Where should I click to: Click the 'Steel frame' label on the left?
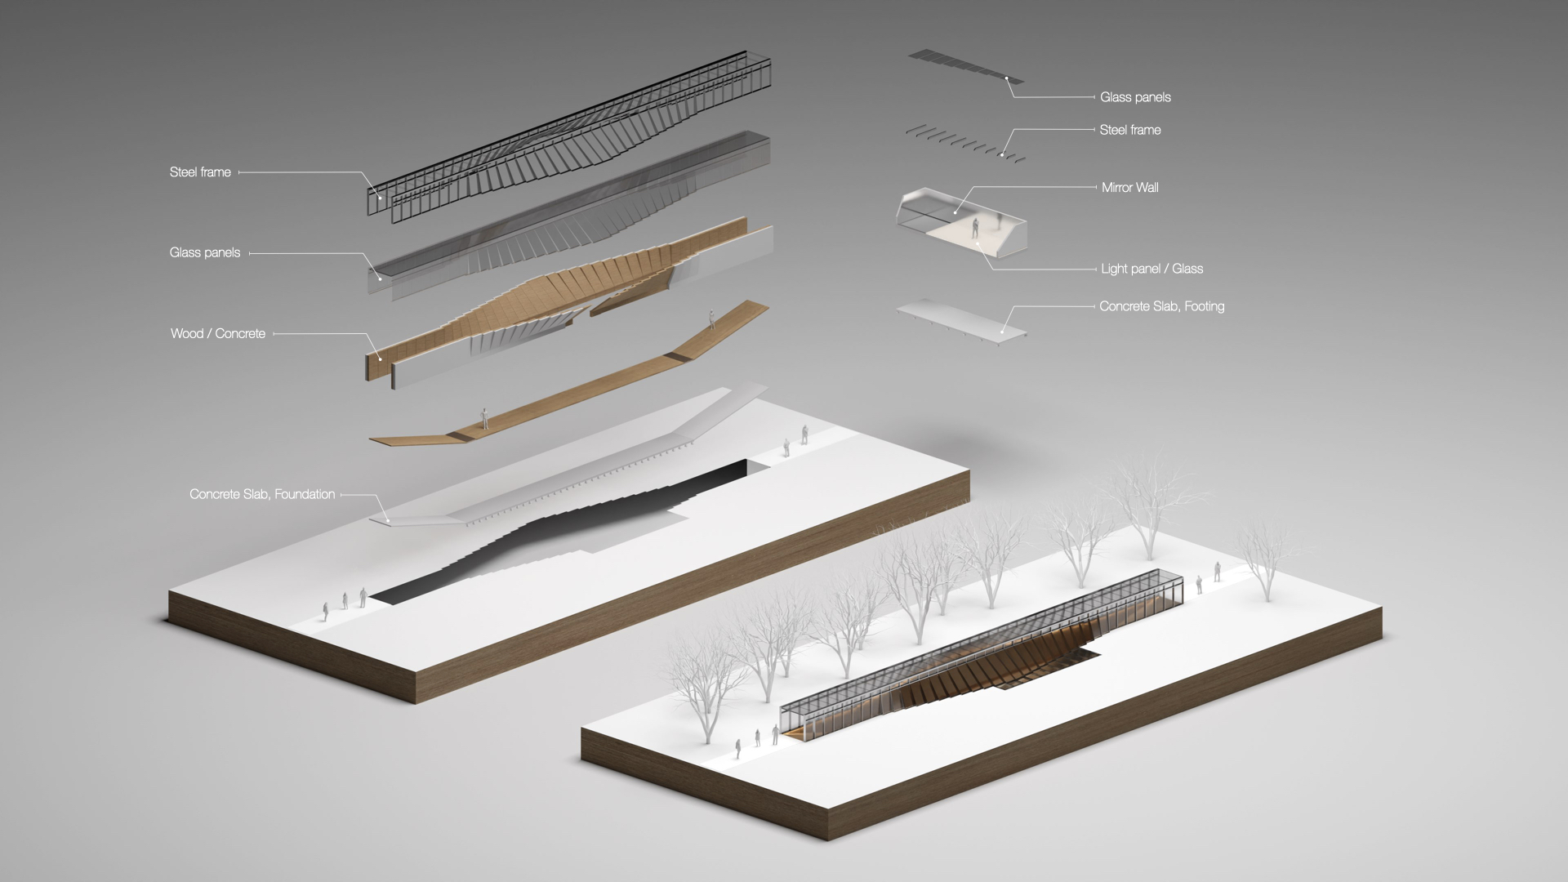(200, 172)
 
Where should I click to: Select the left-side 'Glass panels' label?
(205, 252)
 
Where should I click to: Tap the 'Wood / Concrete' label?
(218, 333)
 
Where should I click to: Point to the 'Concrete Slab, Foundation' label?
(262, 494)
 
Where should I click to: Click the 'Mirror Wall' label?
(1129, 187)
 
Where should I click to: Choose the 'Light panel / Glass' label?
(1151, 269)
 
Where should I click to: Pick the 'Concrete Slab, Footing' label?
(1161, 306)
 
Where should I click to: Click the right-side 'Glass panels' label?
(1135, 97)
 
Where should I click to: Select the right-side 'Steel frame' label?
(1129, 130)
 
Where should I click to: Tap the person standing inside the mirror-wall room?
(975, 229)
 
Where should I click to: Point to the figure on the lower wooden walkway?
(484, 418)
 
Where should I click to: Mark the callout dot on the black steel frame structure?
(380, 197)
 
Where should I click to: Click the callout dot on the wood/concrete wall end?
(380, 357)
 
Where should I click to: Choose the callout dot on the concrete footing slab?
(1003, 331)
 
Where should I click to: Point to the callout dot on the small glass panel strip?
(1007, 79)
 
